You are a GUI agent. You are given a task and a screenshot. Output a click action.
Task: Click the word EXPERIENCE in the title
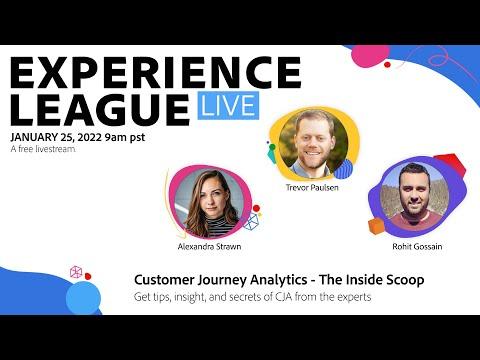point(156,72)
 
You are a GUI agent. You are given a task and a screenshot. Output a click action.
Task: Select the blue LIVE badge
point(228,105)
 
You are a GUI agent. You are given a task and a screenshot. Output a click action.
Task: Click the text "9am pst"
point(125,137)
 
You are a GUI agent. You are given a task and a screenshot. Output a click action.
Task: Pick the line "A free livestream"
point(43,149)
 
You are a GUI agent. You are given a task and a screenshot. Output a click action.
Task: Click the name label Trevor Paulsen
point(312,188)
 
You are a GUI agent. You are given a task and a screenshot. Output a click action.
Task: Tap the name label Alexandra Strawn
point(209,247)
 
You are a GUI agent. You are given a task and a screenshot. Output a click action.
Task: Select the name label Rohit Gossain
point(417,247)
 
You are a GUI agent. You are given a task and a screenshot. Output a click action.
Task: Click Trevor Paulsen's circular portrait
point(313,143)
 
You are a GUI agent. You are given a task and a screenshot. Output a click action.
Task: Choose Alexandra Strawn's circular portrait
point(210,202)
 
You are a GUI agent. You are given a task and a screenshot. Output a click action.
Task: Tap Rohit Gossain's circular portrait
point(415,196)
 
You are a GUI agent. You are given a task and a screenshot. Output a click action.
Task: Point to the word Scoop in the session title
point(405,280)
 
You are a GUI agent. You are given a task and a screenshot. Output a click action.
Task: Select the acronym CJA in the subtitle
point(284,296)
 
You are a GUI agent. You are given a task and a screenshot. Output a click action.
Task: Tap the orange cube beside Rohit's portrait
point(376,226)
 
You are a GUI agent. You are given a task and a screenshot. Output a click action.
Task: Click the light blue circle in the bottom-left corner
point(83,298)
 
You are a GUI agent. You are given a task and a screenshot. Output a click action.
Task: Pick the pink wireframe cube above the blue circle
point(76,272)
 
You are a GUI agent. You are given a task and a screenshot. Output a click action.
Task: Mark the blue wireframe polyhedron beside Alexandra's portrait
point(251,222)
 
